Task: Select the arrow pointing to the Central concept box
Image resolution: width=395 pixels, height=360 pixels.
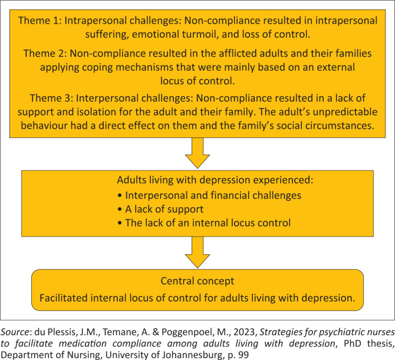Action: coord(197,253)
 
